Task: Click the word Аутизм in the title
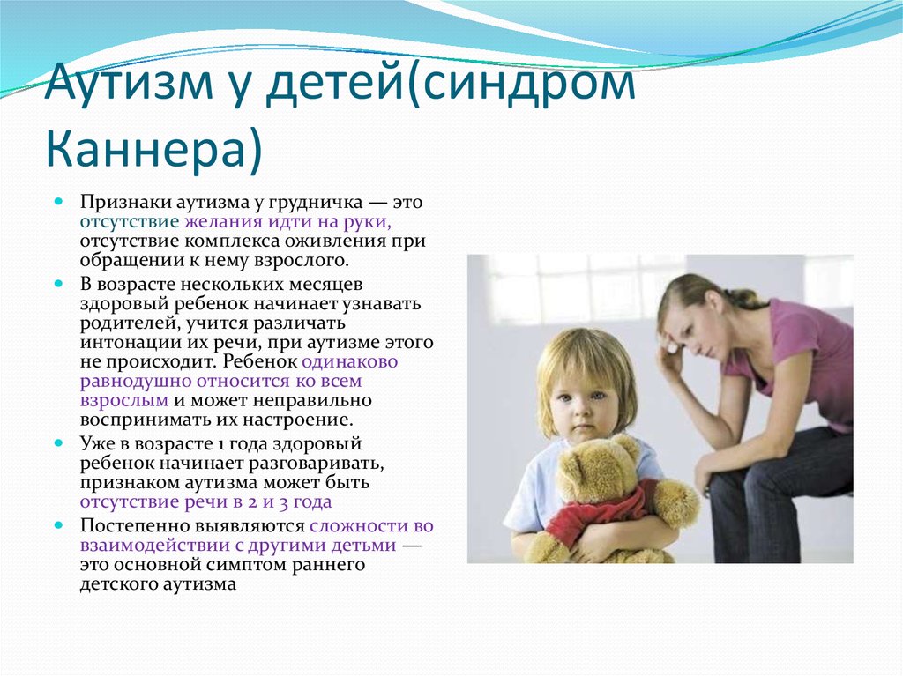click(x=129, y=82)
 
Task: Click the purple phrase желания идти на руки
click(x=287, y=222)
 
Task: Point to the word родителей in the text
click(x=131, y=323)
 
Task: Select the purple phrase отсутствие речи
click(x=154, y=502)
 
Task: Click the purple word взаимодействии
click(x=153, y=546)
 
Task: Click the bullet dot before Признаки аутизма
click(x=58, y=202)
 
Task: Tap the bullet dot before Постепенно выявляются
click(x=58, y=525)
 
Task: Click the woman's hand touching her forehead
click(x=670, y=356)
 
